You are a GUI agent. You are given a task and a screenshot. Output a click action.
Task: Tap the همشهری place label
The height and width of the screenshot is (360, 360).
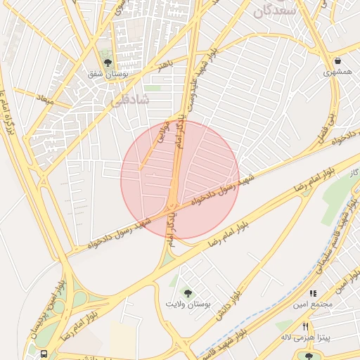coord(337,72)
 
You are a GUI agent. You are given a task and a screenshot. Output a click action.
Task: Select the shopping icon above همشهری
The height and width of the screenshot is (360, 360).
coord(338,60)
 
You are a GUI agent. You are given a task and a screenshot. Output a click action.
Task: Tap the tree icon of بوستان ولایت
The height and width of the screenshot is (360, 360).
coord(188,292)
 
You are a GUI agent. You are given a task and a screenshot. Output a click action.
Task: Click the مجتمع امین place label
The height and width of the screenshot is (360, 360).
coord(314,304)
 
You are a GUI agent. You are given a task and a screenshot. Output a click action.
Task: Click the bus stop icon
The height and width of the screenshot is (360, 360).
coord(44,354)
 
